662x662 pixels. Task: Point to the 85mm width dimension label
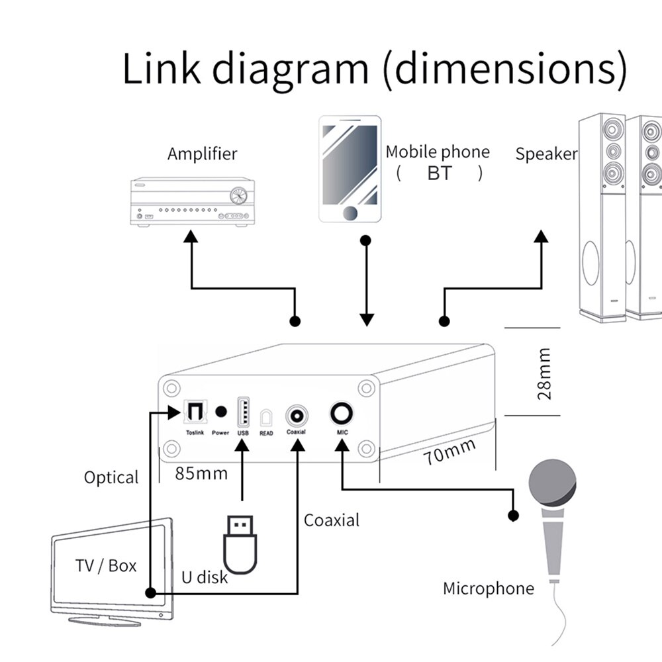click(x=201, y=473)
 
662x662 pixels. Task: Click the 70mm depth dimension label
click(x=450, y=453)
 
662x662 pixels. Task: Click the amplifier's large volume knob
click(x=239, y=195)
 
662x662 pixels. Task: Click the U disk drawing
click(x=239, y=544)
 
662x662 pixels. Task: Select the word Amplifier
click(x=202, y=154)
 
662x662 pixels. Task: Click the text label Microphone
click(x=488, y=589)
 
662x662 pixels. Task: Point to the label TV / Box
click(x=106, y=566)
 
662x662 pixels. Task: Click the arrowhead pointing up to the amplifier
click(x=191, y=236)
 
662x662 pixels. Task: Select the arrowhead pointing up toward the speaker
click(x=542, y=236)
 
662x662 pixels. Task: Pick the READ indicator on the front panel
click(x=266, y=420)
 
